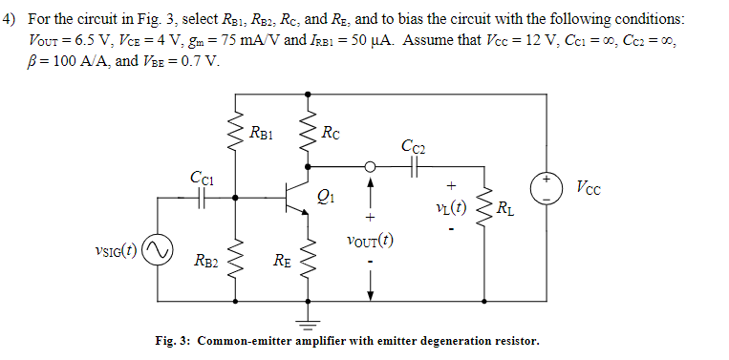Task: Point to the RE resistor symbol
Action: point(306,255)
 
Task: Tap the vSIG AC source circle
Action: point(157,250)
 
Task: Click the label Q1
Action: point(328,198)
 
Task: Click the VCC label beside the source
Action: point(590,186)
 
